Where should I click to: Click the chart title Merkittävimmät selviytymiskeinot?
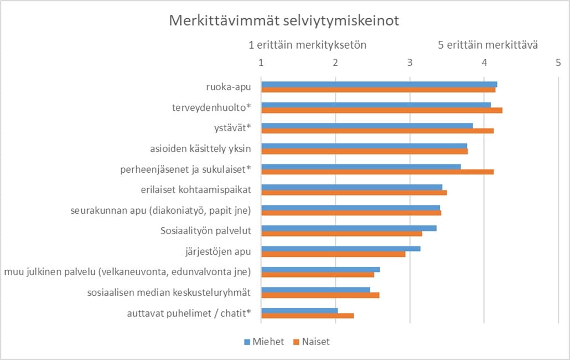[284, 21]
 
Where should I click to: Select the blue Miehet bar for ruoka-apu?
[379, 84]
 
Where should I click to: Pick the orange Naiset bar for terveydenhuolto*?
[382, 110]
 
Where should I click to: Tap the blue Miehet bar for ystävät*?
[367, 125]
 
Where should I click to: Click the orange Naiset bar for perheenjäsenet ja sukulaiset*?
[377, 172]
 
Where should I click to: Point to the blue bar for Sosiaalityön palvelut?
[349, 228]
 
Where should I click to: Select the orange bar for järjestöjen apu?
[333, 254]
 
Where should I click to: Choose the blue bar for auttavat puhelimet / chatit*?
[299, 310]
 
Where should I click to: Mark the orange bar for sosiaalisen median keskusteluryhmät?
[320, 295]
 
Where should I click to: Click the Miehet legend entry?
[264, 342]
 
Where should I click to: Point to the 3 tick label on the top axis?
[410, 63]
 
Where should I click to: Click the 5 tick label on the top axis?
[558, 63]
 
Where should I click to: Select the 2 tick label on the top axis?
[335, 63]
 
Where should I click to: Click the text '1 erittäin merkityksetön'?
[308, 45]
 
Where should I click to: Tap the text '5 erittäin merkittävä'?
[488, 45]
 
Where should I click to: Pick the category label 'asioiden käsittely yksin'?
[200, 148]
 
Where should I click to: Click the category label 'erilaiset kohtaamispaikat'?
[196, 189]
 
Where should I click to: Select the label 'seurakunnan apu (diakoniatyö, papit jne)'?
[161, 210]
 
